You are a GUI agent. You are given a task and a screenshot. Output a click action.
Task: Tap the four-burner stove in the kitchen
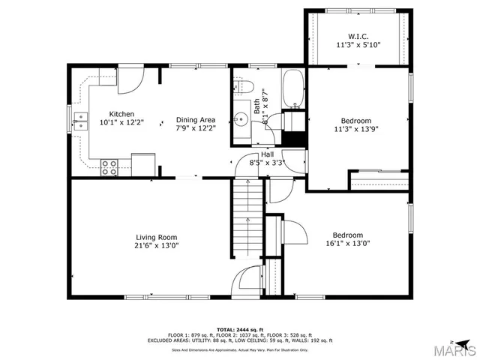pyautogui.click(x=109, y=167)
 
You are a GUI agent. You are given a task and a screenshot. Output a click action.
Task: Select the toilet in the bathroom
pyautogui.click(x=247, y=87)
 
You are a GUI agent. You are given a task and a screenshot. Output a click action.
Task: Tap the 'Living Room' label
pyautogui.click(x=156, y=237)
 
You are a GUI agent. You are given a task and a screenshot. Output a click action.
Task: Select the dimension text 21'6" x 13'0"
pyautogui.click(x=156, y=245)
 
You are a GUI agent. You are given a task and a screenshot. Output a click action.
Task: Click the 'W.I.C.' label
pyautogui.click(x=358, y=36)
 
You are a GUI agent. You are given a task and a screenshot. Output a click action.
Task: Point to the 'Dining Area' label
pyautogui.click(x=196, y=120)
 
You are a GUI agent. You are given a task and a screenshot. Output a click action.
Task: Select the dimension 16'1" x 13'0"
pyautogui.click(x=348, y=243)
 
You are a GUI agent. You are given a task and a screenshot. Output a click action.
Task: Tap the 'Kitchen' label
pyautogui.click(x=121, y=114)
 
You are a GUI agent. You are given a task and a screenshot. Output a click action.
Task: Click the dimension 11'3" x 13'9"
pyautogui.click(x=356, y=129)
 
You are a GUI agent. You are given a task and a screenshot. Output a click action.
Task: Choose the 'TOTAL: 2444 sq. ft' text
pyautogui.click(x=240, y=330)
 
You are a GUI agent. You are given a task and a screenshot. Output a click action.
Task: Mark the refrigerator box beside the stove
pyautogui.click(x=143, y=163)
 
